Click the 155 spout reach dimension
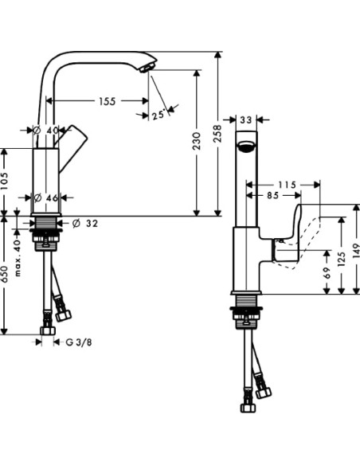[108, 101]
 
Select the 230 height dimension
[198, 141]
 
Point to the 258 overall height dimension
[217, 137]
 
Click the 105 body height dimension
[6, 181]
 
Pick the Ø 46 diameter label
[47, 196]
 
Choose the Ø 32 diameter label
[86, 223]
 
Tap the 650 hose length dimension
[6, 275]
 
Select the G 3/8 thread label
[78, 342]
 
